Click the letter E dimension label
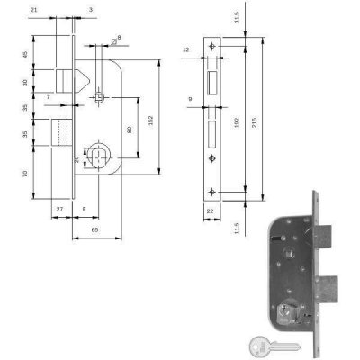84,210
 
